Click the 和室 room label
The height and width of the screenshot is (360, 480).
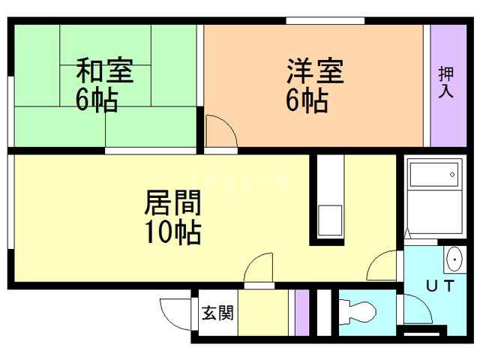[x=104, y=72]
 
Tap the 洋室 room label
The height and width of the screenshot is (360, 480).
[x=315, y=72]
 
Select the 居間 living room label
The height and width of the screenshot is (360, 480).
[x=172, y=202]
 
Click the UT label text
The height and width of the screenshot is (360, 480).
[x=439, y=285]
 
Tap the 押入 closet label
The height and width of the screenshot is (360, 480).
[x=446, y=82]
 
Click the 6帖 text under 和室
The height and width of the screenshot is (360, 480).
[x=96, y=100]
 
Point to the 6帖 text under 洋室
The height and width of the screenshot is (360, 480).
[x=307, y=100]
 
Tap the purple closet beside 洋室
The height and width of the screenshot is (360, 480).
[x=448, y=86]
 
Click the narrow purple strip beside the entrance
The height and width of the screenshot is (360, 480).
[x=301, y=312]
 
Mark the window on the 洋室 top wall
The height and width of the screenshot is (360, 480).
[x=314, y=20]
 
